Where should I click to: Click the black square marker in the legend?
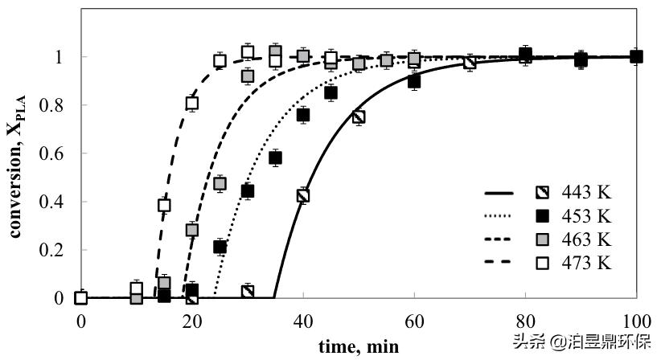543,216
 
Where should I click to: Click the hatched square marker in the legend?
543,193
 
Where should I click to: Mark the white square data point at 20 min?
192,103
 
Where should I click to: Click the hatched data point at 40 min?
303,194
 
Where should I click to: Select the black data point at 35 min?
275,157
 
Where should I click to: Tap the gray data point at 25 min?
220,183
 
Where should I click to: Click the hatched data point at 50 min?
359,117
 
